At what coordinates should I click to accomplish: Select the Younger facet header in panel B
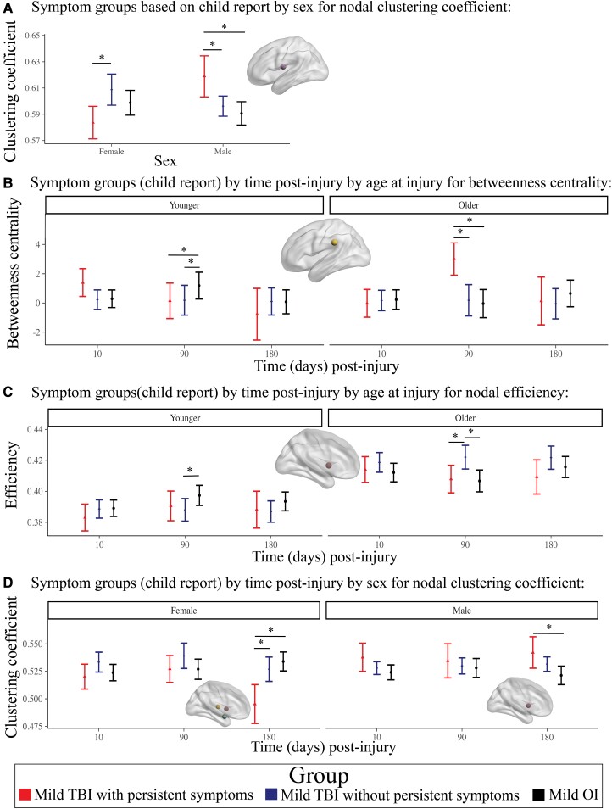click(x=184, y=205)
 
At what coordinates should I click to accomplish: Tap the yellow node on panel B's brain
click(x=335, y=243)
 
